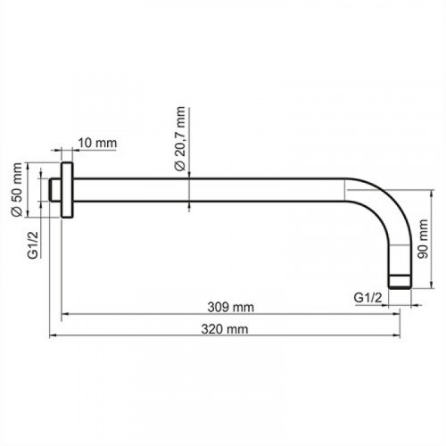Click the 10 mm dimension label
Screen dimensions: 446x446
pos(97,143)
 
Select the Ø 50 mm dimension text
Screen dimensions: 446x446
pos(17,189)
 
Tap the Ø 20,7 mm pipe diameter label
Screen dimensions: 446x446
pos(180,138)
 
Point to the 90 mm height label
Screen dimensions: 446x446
pos(423,239)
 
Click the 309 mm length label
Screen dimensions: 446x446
pos(231,307)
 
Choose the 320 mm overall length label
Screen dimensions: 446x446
pos(225,329)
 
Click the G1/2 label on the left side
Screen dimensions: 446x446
pos(33,244)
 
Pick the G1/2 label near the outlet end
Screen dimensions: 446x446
pos(368,297)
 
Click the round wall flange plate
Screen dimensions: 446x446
pos(67,190)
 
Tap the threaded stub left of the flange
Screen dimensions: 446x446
pos(55,190)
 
